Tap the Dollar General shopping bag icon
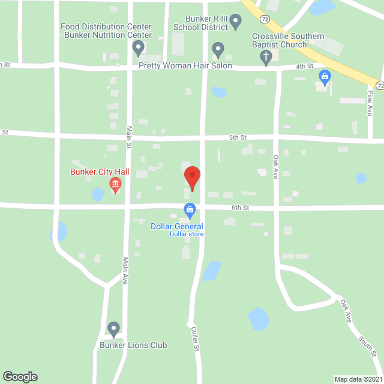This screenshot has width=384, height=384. tap(190, 210)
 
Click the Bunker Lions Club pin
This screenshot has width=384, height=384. tap(113, 329)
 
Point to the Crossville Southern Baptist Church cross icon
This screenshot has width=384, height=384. tap(266, 57)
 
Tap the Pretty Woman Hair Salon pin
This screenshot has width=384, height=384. tap(218, 50)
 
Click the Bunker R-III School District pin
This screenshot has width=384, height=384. tap(236, 23)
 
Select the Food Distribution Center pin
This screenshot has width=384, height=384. tap(139, 47)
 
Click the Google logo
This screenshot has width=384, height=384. tap(19, 376)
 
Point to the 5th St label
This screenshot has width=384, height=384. tap(238, 137)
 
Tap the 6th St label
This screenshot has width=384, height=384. tap(241, 208)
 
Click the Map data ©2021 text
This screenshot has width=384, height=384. tap(357, 379)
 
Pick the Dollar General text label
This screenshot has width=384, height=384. tap(176, 226)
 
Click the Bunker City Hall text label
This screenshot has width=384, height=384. tap(100, 172)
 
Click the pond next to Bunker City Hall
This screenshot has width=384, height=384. tap(97, 194)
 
